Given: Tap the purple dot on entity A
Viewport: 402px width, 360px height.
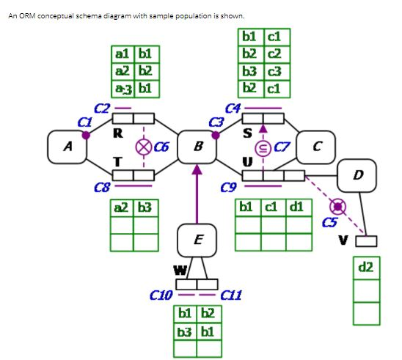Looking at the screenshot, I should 87,135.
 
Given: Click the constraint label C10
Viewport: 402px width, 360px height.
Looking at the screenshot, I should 160,295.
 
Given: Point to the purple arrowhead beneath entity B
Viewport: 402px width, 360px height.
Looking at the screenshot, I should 196,169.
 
